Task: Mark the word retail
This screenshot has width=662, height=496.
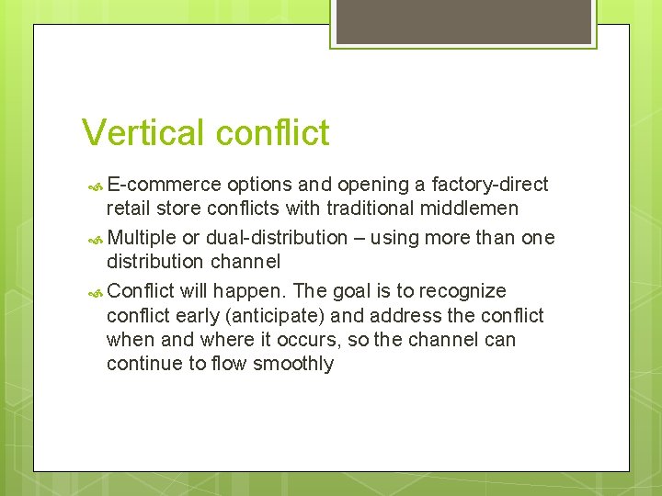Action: (x=130, y=209)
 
